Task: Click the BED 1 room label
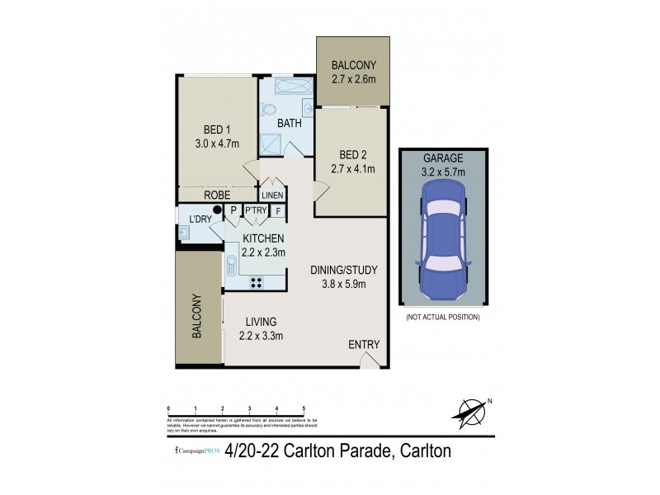click(x=217, y=129)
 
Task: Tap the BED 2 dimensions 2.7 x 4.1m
click(x=357, y=169)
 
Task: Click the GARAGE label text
click(x=443, y=158)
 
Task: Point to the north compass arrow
click(x=472, y=410)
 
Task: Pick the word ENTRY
click(x=363, y=345)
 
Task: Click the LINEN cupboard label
click(x=272, y=196)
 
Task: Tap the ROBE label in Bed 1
click(x=217, y=196)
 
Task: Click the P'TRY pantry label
click(x=256, y=210)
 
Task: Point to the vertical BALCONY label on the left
click(x=198, y=317)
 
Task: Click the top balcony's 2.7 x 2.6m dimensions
click(x=354, y=80)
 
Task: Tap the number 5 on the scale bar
click(x=304, y=409)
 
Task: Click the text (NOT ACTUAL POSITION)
click(x=443, y=317)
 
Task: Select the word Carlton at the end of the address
click(x=417, y=451)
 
